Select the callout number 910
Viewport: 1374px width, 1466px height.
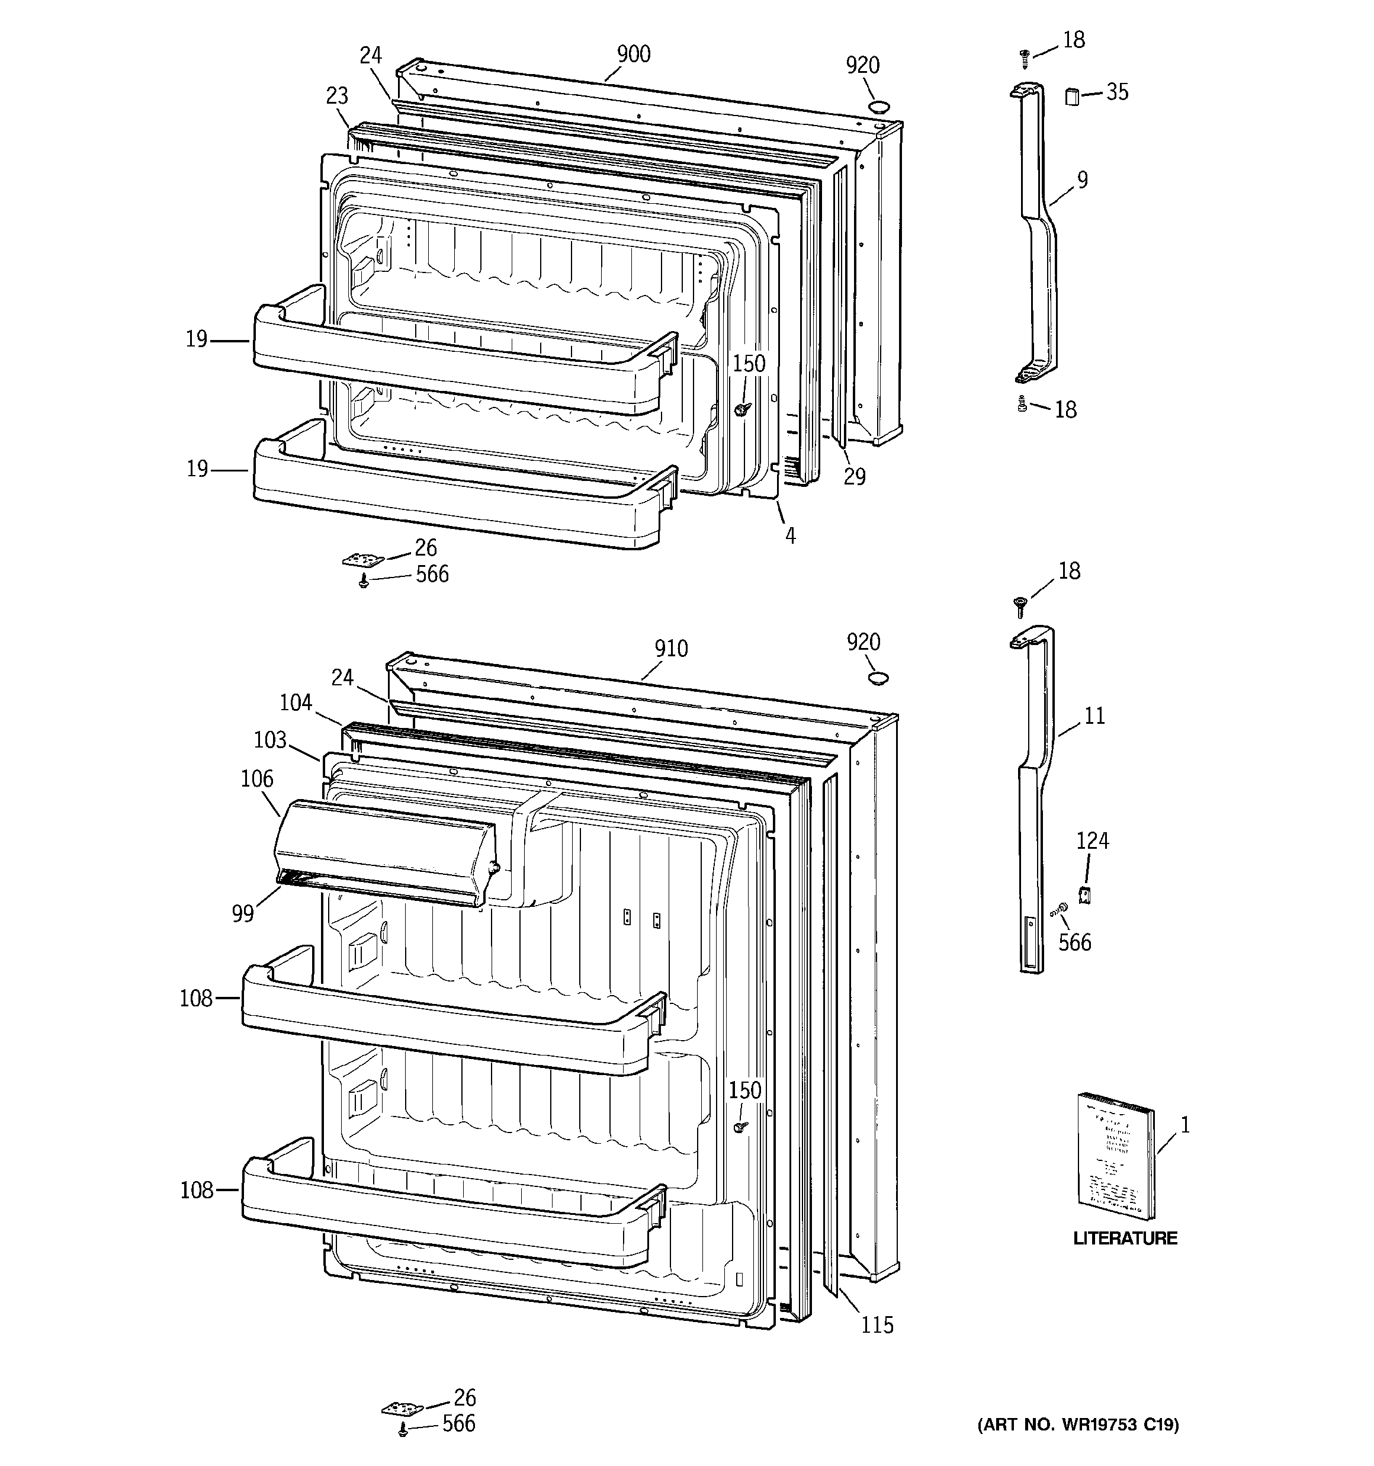pos(670,649)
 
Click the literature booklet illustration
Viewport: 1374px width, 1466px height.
pos(1116,1156)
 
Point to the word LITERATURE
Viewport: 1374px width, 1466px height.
pos(1125,1238)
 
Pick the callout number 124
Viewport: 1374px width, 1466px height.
pos(1092,841)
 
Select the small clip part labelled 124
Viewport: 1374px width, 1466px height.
pos(1084,894)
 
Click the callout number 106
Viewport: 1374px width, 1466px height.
pos(256,779)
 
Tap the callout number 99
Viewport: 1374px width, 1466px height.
pos(243,914)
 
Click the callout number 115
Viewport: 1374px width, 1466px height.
pos(877,1325)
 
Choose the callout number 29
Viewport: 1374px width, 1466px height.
pos(854,477)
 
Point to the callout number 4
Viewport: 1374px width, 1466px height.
pos(790,536)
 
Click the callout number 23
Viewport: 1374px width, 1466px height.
pos(336,96)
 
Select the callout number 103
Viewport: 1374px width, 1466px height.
pos(269,740)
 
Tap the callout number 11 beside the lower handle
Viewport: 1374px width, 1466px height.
pos(1094,716)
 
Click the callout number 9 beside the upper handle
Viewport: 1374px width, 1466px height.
pos(1082,180)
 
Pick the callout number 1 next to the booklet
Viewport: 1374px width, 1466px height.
pos(1184,1125)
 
